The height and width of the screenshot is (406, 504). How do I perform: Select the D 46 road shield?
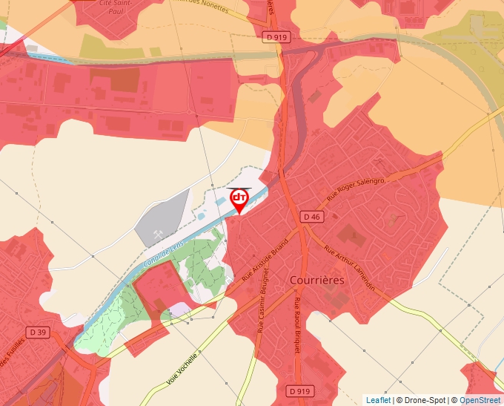pyautogui.click(x=313, y=217)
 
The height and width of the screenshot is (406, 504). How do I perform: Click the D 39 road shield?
pyautogui.click(x=38, y=332)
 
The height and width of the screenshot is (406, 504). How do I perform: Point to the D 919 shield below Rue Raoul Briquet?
pyautogui.click(x=299, y=390)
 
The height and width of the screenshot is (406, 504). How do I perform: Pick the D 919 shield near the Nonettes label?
pyautogui.click(x=276, y=36)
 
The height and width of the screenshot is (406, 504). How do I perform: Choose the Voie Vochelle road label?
pyautogui.click(x=182, y=367)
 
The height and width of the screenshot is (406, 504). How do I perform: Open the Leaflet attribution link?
pyautogui.click(x=378, y=400)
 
